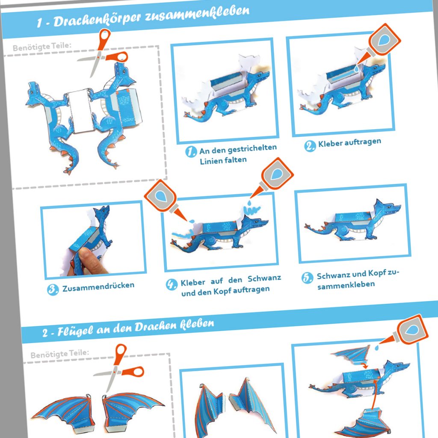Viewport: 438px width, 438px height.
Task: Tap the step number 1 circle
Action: [x=191, y=151]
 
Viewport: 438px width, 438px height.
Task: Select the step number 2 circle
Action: [x=310, y=145]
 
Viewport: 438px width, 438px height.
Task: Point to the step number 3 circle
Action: [x=53, y=290]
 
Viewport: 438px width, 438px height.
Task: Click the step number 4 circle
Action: [x=172, y=284]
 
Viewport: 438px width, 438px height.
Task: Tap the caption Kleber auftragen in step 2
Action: [x=349, y=142]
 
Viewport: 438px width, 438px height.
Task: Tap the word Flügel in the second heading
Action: [x=72, y=331]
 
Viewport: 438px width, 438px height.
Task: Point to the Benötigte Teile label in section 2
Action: [x=59, y=354]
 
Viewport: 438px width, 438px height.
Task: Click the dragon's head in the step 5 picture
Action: [x=388, y=209]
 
